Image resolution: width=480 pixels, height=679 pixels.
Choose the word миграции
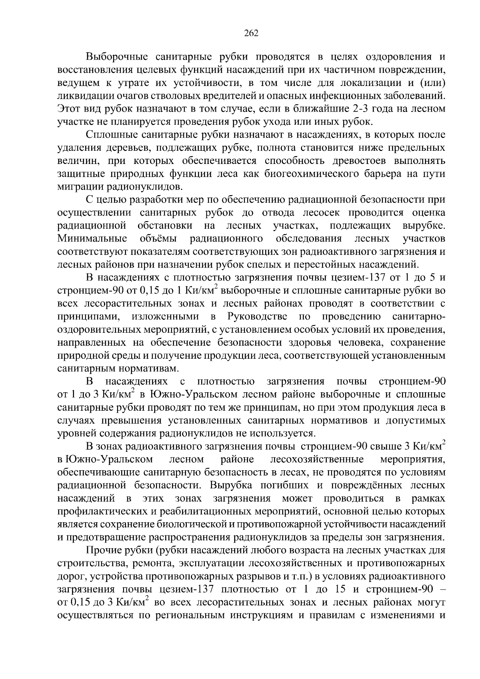coord(81,187)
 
